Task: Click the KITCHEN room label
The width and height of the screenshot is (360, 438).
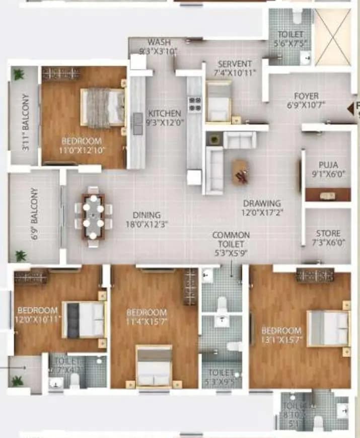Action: [x=164, y=113]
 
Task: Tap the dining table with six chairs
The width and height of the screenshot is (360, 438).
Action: [x=93, y=216]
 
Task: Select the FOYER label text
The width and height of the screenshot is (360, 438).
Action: [x=306, y=96]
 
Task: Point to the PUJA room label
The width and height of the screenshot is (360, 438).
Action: [x=328, y=165]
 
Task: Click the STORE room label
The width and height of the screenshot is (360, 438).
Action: [x=328, y=234]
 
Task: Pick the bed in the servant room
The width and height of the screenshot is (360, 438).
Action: [x=219, y=102]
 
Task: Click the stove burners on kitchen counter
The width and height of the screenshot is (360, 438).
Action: [x=194, y=104]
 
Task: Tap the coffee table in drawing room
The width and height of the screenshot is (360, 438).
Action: [x=240, y=172]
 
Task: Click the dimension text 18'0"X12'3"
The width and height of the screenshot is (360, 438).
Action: [x=147, y=224]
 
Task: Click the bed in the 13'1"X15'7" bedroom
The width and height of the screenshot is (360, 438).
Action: [x=328, y=328]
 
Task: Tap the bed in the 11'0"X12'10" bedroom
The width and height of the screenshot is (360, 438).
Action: [x=103, y=107]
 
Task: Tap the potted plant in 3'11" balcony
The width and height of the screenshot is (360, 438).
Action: [x=19, y=75]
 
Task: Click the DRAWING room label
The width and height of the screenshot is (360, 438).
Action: [x=261, y=203]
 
